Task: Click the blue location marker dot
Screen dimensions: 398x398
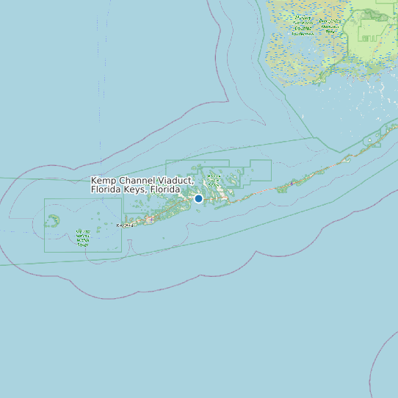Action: click(x=198, y=198)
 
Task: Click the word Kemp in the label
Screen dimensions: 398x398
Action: click(x=103, y=181)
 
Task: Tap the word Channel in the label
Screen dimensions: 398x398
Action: click(x=134, y=181)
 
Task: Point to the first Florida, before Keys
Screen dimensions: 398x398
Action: click(x=105, y=189)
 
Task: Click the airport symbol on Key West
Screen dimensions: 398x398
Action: click(x=149, y=219)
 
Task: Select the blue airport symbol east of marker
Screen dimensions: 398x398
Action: click(x=292, y=184)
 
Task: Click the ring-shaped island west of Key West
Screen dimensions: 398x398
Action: click(x=53, y=220)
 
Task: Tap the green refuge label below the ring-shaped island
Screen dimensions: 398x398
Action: click(x=83, y=237)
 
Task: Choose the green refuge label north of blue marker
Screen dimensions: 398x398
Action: click(x=214, y=179)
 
